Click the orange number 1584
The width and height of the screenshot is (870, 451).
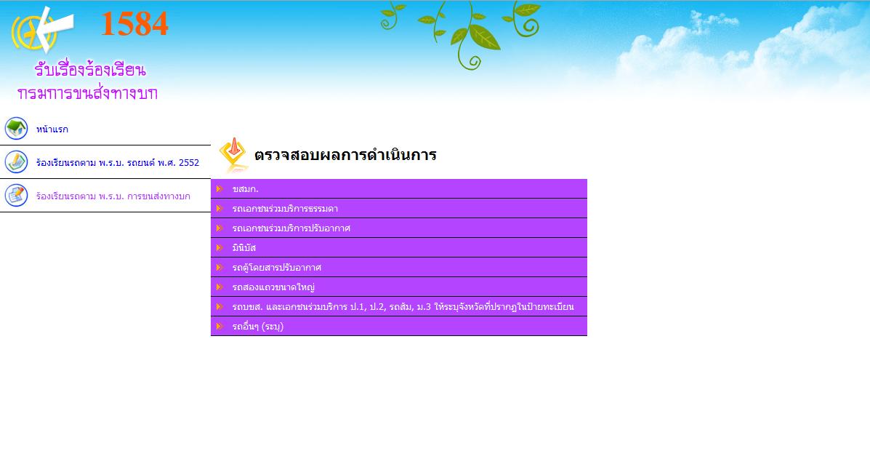134,25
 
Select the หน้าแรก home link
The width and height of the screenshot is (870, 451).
52,129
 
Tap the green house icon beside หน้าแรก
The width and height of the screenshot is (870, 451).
16,128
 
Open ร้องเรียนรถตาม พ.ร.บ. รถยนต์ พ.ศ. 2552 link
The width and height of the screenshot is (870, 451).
118,163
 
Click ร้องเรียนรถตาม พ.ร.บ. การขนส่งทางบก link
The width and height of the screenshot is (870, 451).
113,196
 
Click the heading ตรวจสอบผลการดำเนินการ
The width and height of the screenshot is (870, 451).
345,155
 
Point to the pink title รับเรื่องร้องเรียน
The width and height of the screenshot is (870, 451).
90,70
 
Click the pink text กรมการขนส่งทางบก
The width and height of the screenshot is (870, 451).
88,92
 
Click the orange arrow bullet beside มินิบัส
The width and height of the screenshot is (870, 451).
219,248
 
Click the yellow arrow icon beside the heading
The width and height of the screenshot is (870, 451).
233,155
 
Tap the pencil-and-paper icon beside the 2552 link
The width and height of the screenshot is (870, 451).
16,162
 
